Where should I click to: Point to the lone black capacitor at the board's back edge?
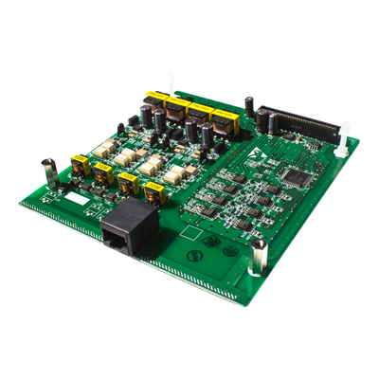248,102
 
